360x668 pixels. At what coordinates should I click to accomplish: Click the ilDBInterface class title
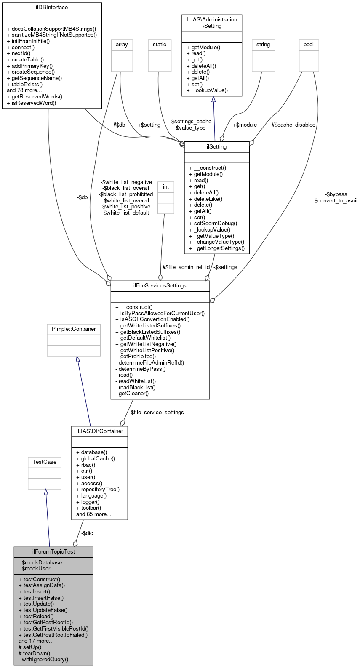click(x=52, y=8)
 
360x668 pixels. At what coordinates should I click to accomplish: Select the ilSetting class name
click(x=217, y=147)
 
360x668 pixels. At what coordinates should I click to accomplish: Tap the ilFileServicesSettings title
click(x=160, y=286)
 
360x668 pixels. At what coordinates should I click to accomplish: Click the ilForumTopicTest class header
click(x=53, y=552)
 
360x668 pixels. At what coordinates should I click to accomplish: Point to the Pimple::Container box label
click(x=74, y=329)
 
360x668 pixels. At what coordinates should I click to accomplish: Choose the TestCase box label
click(x=44, y=462)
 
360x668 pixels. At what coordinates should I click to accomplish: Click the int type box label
click(x=166, y=187)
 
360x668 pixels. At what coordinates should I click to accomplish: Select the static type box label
click(x=160, y=45)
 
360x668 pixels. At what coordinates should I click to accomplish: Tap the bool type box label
click(x=309, y=45)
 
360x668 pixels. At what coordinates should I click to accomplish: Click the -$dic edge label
click(x=87, y=533)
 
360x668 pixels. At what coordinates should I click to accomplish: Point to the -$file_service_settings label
click(x=156, y=413)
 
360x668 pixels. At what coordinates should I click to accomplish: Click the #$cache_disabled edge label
click(x=293, y=125)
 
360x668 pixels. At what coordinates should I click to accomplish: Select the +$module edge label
click(x=245, y=125)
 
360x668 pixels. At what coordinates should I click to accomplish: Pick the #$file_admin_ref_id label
click(x=186, y=267)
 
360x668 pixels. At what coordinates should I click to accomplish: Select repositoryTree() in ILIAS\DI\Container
click(x=100, y=490)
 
